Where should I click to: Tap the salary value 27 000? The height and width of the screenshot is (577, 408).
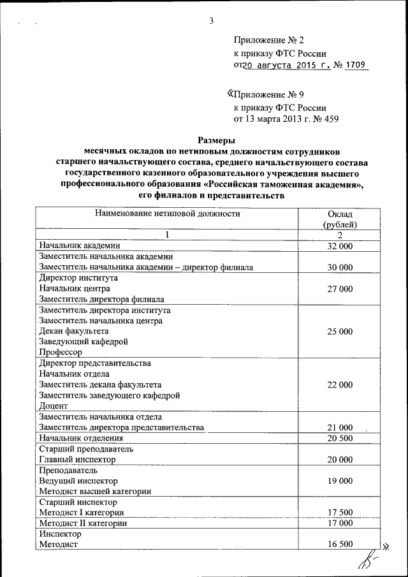pos(339,289)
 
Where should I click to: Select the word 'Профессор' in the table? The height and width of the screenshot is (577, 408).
pos(61,352)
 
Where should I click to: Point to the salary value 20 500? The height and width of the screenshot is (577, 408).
pos(339,438)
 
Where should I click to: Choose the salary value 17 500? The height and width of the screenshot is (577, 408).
pos(339,512)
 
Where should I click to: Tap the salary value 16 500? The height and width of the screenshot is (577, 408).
pos(339,544)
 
